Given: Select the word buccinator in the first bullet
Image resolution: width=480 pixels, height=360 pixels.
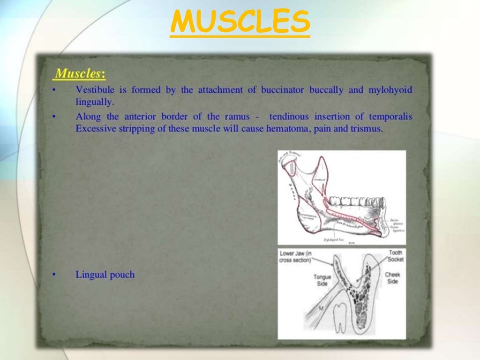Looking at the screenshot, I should [281, 90].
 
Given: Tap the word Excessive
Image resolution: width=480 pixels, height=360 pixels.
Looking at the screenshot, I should [94, 128].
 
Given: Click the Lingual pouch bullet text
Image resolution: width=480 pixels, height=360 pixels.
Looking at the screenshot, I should [105, 275].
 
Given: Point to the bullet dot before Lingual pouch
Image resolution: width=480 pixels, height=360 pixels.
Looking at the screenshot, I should [55, 275].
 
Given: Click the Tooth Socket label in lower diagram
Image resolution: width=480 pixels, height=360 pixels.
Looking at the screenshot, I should [395, 256].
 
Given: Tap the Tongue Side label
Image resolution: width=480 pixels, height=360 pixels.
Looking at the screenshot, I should [322, 280].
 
